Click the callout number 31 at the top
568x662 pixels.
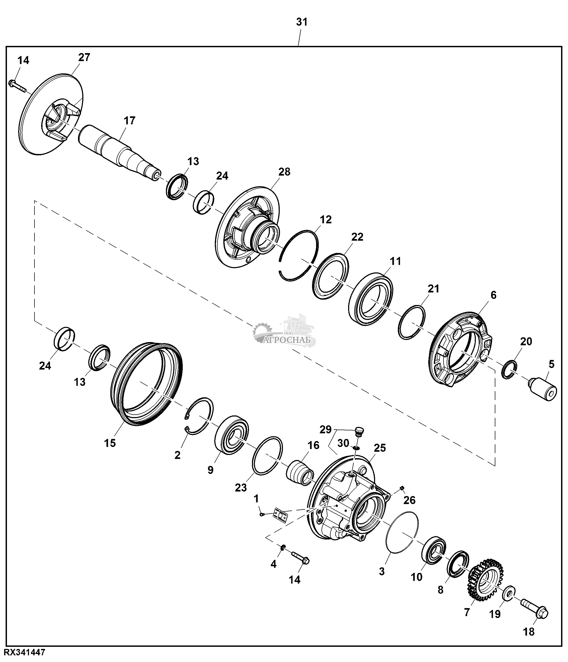302,22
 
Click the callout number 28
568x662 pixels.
284,172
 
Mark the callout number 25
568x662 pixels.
380,448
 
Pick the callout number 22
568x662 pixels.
357,237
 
